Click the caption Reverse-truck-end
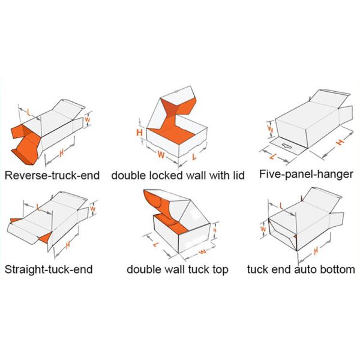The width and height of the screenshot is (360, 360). tap(52, 176)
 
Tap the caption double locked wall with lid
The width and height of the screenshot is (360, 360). tap(178, 175)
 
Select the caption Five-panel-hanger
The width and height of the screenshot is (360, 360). tap(306, 174)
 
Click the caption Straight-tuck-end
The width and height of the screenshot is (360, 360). tap(49, 269)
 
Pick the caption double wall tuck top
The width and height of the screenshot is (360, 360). tap(178, 269)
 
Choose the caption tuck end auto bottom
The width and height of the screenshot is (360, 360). tap(301, 269)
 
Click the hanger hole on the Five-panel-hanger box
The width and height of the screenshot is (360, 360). tap(286, 145)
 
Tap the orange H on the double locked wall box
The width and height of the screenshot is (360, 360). tap(139, 133)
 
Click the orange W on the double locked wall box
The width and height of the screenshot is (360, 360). tap(161, 155)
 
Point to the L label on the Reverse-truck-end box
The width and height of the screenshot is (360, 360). tap(28, 113)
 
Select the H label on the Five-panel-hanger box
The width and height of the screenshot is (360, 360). tap(340, 142)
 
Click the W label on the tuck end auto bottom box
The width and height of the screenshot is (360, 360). tap(263, 229)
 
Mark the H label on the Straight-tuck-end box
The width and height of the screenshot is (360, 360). tap(67, 245)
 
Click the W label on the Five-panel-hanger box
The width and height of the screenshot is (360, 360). tap(271, 130)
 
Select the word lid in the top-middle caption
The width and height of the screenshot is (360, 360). tap(238, 175)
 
